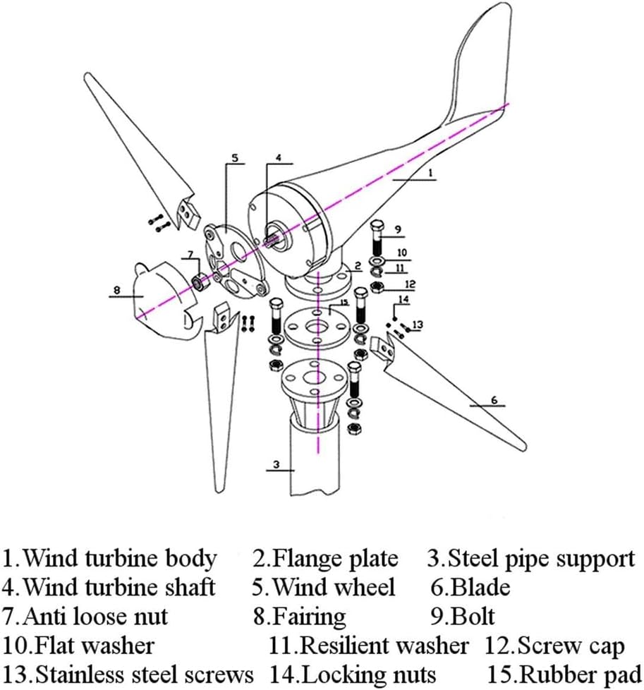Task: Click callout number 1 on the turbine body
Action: [x=430, y=171]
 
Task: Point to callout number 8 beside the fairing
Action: [x=118, y=289]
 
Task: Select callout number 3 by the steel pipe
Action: [x=277, y=464]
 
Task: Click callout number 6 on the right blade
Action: [x=494, y=400]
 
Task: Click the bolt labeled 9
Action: [x=377, y=240]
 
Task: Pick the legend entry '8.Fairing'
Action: [x=300, y=616]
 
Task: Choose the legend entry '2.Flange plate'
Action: [x=326, y=559]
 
